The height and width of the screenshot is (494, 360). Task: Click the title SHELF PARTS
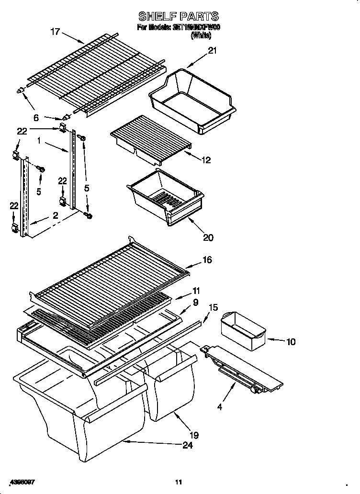[x=178, y=16]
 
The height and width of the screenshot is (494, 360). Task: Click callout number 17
[x=56, y=32]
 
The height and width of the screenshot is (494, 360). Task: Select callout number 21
[x=212, y=51]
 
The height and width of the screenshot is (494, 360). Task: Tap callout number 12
[x=206, y=160]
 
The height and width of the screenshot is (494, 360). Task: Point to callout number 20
[x=208, y=237]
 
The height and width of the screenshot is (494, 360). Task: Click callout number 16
[x=207, y=260]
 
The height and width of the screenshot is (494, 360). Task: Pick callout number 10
[x=291, y=342]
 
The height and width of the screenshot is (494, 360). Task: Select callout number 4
[x=220, y=407]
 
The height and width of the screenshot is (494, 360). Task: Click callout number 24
[x=188, y=446]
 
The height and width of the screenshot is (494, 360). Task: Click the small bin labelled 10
[x=243, y=330]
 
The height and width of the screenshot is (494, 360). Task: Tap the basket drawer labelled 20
[x=164, y=195]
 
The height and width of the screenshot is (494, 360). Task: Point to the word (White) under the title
[x=201, y=35]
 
